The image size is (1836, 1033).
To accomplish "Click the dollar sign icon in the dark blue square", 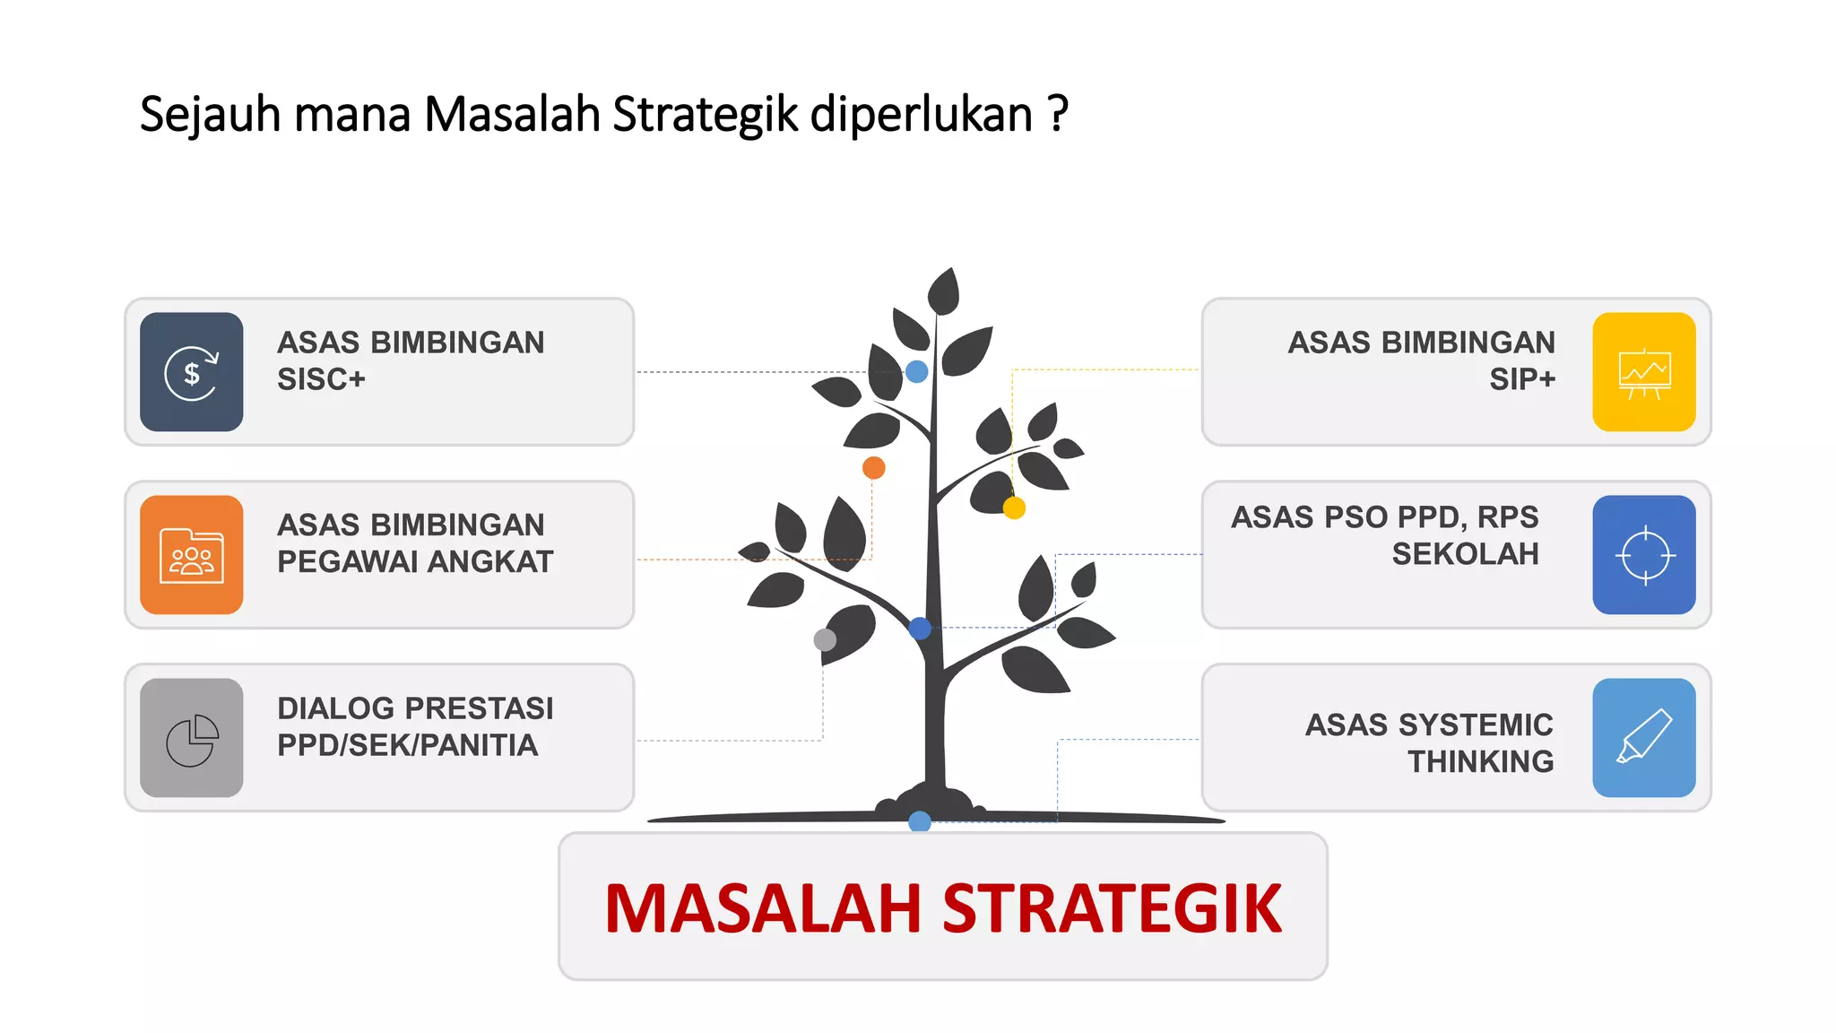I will pos(191,372).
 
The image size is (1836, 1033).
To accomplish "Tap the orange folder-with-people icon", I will pos(191,556).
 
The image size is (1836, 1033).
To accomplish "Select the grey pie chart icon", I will pos(191,739).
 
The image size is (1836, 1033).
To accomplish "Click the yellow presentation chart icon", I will pos(1644,373).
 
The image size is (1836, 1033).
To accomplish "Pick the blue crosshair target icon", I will pos(1644,556).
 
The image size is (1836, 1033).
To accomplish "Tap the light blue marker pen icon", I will pos(1644,737).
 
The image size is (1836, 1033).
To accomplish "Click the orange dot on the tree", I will pos(873,467).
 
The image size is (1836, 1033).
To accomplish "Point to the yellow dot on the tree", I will pos(1014,508).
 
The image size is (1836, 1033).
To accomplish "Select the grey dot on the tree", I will pos(825,639).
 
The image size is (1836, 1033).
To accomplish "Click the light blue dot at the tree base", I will pos(920,820).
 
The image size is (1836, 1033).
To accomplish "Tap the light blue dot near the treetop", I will pos(916,371).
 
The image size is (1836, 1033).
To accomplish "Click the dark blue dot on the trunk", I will pos(920,628).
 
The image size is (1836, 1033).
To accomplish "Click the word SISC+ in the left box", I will pos(321,380).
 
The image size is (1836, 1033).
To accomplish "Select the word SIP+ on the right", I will pos(1522,380).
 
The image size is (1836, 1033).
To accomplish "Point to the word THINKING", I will pos(1480,761).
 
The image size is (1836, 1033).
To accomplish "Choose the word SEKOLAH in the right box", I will pos(1465,554).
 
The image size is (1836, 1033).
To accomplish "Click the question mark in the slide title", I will pos(1058,114).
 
